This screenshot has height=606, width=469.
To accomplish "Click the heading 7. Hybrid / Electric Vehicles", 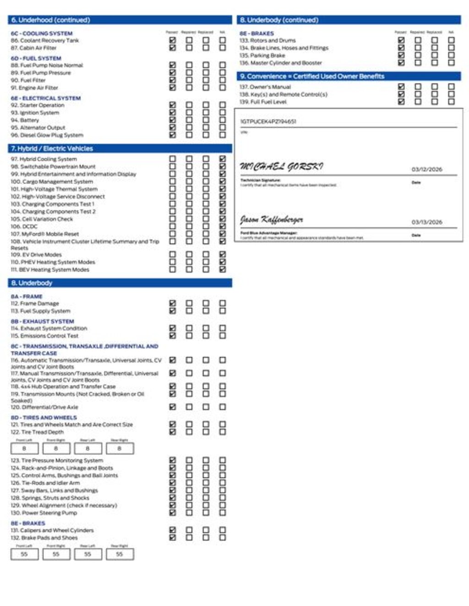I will point(52,148).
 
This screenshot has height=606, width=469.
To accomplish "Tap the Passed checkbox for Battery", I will point(172,120).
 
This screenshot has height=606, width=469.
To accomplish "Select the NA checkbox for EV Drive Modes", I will point(222,254).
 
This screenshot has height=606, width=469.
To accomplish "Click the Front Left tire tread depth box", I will point(24,449).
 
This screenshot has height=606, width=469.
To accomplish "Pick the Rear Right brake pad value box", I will point(120,554).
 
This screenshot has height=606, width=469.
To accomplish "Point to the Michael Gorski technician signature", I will point(281,167).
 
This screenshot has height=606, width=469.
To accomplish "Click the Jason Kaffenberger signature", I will point(272,220).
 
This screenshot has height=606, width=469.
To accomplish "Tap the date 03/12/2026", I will point(427,169).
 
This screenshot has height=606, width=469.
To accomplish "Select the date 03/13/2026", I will point(427,222).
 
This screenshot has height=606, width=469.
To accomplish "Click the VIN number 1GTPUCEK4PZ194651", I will point(268,122).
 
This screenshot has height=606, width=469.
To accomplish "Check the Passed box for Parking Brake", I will point(401,55).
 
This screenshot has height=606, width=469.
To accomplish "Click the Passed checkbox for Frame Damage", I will point(172,303).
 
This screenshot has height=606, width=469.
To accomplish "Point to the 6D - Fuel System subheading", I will point(36,58).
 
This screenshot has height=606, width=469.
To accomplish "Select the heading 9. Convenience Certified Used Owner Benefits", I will point(312,76).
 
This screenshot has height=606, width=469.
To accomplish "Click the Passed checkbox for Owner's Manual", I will point(401,87).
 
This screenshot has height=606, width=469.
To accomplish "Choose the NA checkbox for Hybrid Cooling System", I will point(222,159).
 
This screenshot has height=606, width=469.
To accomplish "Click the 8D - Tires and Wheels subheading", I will point(44,417).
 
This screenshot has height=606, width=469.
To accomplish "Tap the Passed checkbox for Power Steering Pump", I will point(172,513).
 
